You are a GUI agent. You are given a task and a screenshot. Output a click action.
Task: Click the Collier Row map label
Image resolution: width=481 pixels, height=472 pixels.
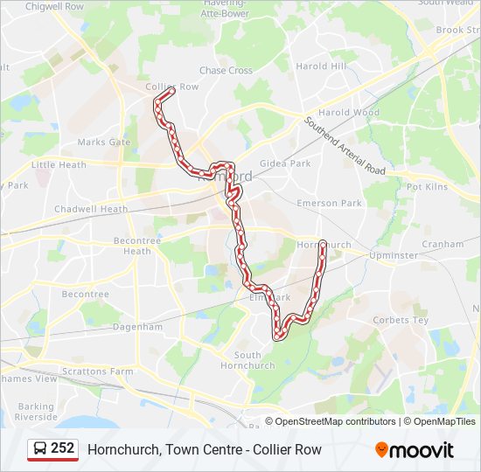click(172, 87)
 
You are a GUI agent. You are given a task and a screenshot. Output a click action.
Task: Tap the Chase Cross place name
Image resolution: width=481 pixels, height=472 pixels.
click(226, 71)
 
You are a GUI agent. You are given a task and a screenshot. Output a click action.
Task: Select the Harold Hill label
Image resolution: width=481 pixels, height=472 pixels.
click(321, 66)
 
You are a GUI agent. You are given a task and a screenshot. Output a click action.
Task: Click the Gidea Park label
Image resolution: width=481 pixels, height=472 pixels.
click(285, 163)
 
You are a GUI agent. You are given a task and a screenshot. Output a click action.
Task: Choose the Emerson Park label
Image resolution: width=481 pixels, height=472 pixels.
click(329, 203)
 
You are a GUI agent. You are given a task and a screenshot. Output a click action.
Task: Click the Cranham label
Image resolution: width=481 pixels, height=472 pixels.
click(443, 244)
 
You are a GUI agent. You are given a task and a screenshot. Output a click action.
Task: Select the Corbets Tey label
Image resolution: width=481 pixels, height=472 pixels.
click(401, 320)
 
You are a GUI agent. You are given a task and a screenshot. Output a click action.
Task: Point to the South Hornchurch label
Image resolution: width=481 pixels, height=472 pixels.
click(247, 360)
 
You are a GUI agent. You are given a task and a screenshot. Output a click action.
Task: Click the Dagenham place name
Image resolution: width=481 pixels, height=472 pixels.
click(137, 327)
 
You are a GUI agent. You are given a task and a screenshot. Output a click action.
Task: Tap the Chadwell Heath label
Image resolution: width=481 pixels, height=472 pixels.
click(91, 209)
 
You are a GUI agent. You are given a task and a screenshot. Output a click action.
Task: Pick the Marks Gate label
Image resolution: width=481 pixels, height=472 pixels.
click(103, 142)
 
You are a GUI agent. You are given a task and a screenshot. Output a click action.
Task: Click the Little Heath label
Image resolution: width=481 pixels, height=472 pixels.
click(59, 164)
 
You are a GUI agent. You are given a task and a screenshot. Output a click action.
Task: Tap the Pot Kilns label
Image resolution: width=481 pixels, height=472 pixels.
click(427, 187)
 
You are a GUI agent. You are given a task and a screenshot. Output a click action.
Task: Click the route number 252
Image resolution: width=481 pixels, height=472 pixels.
click(62, 448)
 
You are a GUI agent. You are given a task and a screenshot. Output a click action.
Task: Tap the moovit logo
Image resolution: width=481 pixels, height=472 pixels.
click(415, 449)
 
